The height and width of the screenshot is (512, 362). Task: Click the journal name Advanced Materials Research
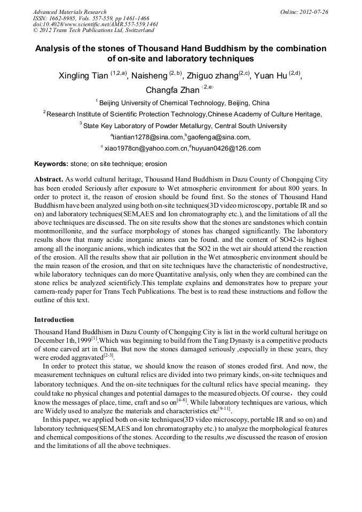pos(69,12)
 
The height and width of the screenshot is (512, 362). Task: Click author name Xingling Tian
pos(83,76)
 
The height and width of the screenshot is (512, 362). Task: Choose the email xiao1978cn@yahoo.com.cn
pos(145,148)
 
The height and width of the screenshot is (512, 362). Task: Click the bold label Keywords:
pos(51,164)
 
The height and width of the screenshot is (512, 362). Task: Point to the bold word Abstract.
pos(49,179)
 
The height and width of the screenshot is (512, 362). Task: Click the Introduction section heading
pos(54,320)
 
